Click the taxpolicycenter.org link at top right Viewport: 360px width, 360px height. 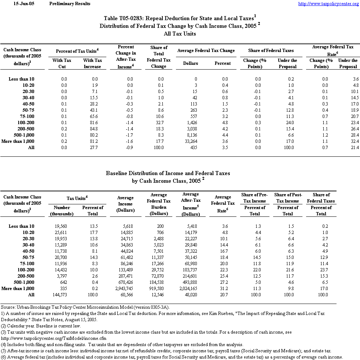point(328,4)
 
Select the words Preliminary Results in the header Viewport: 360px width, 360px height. point(69,4)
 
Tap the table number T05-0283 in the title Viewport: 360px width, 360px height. point(133,18)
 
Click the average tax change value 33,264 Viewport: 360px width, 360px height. point(190,141)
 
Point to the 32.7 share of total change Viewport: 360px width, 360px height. point(160,123)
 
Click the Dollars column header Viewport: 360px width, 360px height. point(190,63)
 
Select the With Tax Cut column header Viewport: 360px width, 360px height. point(62,63)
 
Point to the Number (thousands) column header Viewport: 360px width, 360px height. point(62,211)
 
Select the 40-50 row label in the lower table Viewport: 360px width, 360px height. point(28,251)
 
